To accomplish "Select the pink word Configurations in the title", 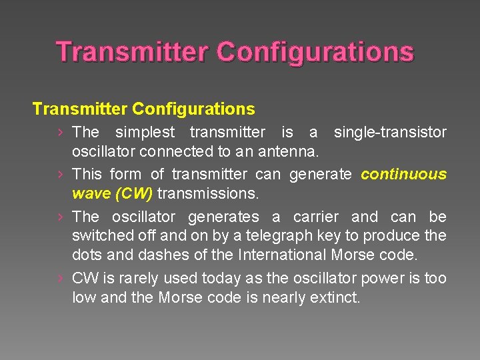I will (315, 52).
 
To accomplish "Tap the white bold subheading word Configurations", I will (193, 108).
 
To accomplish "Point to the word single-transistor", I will (390, 132).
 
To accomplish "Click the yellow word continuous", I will (403, 175).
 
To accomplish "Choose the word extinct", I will (335, 297).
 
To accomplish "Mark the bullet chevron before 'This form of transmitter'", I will (60, 175).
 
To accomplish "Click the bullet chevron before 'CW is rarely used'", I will (60, 279).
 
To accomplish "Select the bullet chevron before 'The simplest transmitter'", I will (60, 132).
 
